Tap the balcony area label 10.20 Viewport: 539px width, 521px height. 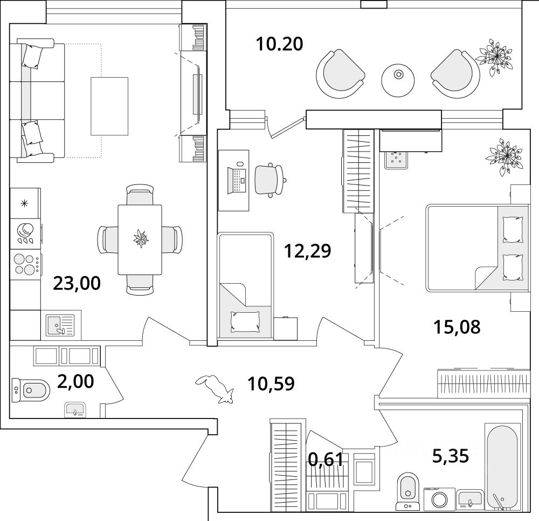[279, 43]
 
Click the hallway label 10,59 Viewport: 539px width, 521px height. [271, 384]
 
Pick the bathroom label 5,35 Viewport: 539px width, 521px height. [450, 456]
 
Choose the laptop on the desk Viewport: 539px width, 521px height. [237, 179]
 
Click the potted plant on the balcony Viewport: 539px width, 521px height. [494, 57]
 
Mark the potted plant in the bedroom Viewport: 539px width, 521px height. [504, 155]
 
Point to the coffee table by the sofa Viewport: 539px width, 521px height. [109, 106]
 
